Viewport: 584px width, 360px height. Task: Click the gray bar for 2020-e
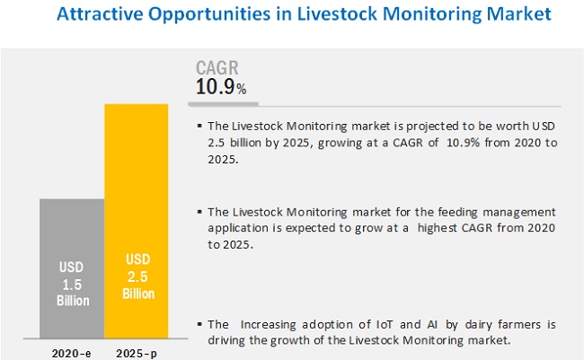click(x=72, y=268)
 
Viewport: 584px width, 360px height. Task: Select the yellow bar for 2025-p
click(x=137, y=221)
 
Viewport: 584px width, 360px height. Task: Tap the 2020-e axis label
click(x=71, y=354)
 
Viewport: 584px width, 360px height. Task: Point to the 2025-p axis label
click(x=137, y=354)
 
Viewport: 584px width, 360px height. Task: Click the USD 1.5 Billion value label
click(x=73, y=284)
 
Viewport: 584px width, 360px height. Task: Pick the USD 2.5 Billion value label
click(x=138, y=277)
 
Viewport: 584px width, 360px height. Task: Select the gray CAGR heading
click(x=217, y=67)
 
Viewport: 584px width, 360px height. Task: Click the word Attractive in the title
click(x=100, y=13)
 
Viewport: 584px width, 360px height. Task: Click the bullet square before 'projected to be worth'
click(x=199, y=127)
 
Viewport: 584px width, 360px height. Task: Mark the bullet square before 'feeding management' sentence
click(x=199, y=212)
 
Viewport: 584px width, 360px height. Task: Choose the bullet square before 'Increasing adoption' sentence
click(x=199, y=324)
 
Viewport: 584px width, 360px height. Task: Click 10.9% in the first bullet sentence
click(x=463, y=143)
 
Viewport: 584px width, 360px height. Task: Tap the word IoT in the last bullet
click(x=385, y=325)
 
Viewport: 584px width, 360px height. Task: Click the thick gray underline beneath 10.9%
click(x=223, y=104)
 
